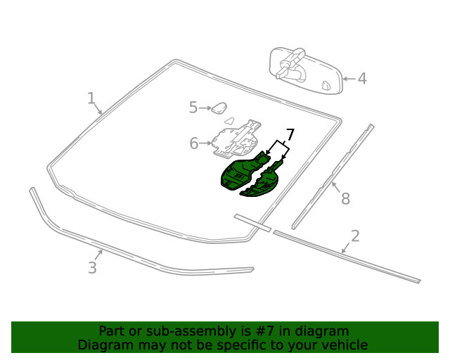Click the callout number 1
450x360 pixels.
[91, 98]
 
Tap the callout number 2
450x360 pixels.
[355, 236]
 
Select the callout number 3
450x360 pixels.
[92, 268]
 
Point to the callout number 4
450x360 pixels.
[363, 79]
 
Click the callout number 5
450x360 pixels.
[193, 108]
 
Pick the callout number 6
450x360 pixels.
[194, 143]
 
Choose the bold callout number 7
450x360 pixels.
[290, 135]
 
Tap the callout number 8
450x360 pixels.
[345, 199]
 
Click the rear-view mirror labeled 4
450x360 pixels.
[306, 70]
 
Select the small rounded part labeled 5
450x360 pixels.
[219, 108]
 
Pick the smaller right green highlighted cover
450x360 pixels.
[262, 181]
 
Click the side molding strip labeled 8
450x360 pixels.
[333, 176]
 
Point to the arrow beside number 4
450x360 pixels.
[349, 79]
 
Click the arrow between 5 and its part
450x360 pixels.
[205, 108]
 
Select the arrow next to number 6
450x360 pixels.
[206, 143]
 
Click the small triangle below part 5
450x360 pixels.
[230, 120]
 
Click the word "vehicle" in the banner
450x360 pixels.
[349, 345]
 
